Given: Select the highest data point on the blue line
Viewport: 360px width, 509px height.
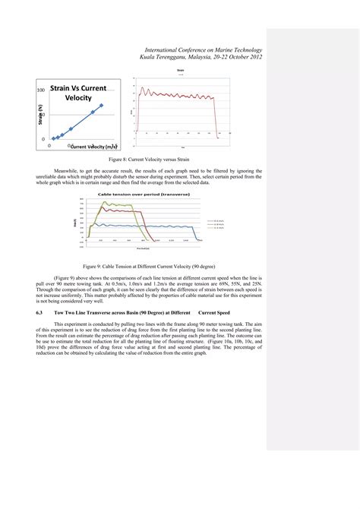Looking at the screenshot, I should tap(101, 106).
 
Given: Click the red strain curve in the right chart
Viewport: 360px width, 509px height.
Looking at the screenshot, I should tap(175, 95).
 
